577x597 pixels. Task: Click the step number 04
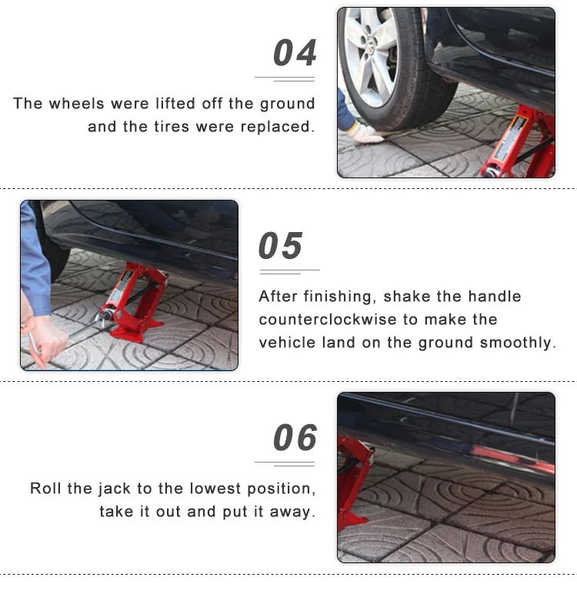(295, 52)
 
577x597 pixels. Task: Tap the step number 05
(280, 246)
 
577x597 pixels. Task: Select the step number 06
(295, 437)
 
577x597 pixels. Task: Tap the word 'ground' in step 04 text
(288, 104)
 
